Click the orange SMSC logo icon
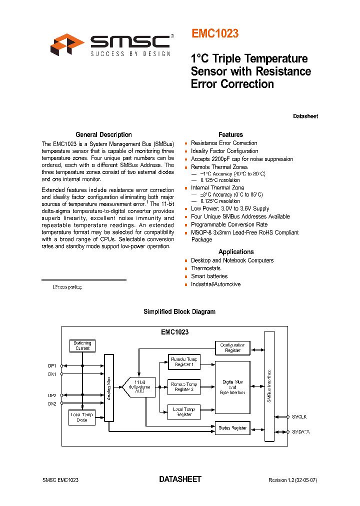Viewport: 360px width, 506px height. (67, 44)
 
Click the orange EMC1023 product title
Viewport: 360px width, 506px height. (215, 34)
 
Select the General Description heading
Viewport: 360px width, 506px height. (103, 134)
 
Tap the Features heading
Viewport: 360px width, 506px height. (230, 134)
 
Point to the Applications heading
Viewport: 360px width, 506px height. (236, 252)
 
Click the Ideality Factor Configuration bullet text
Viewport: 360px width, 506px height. (224, 151)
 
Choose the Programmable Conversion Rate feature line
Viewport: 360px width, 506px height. (229, 224)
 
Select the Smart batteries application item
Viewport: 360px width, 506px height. (209, 276)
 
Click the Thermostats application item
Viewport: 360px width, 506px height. (205, 268)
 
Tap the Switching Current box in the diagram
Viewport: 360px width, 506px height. (82, 345)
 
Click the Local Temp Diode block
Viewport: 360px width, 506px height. (82, 417)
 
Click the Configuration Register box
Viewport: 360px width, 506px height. (232, 347)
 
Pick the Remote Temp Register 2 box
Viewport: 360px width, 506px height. (183, 386)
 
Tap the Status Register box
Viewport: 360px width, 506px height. (232, 428)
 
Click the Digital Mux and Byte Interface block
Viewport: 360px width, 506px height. (232, 387)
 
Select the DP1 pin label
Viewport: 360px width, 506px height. (52, 365)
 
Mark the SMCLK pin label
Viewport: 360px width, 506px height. (300, 416)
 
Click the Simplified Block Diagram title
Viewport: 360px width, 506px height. (179, 311)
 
